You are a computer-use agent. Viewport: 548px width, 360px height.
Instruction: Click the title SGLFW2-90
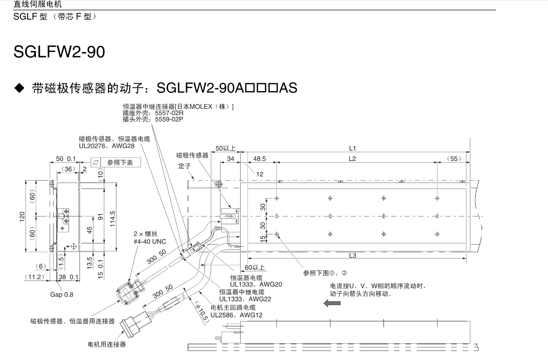(x=59, y=52)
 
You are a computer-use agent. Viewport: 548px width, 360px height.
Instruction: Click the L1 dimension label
(x=352, y=148)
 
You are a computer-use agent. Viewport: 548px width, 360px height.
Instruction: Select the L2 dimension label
(x=352, y=159)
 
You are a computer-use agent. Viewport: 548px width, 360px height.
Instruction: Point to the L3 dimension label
(x=352, y=255)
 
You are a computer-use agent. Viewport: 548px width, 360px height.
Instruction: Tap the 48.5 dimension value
(x=259, y=159)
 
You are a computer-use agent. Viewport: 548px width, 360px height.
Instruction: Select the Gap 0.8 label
(x=61, y=294)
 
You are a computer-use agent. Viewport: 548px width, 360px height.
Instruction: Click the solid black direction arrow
(x=332, y=304)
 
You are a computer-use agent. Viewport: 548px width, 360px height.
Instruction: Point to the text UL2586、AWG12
(x=236, y=315)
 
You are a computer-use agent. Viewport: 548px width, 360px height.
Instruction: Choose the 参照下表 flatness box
(x=115, y=163)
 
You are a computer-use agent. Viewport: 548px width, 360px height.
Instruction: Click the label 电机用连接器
(x=107, y=345)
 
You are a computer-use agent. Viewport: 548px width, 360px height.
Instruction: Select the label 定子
(x=184, y=166)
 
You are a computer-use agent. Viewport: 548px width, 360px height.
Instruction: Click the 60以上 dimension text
(x=255, y=267)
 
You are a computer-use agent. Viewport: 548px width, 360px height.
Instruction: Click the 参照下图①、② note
(x=325, y=273)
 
